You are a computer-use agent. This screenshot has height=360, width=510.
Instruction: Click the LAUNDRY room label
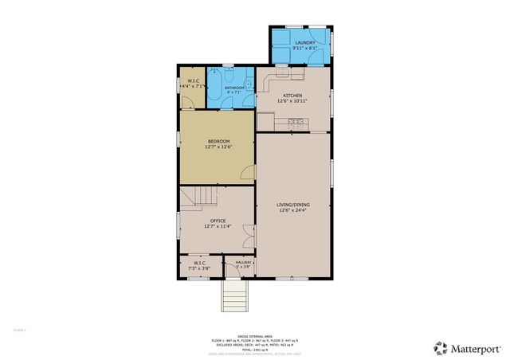(304, 43)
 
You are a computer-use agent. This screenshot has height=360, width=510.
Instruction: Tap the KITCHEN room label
(292, 96)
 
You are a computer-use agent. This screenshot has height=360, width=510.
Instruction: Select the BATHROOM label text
(233, 88)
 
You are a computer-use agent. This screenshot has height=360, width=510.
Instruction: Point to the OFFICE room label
(218, 221)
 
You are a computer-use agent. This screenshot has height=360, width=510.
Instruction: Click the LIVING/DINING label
(292, 205)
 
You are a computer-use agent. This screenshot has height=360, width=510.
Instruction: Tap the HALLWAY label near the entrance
(243, 262)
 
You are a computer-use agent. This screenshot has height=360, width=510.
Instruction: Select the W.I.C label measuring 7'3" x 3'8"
(198, 263)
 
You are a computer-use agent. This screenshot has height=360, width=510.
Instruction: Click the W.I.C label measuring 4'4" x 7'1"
(193, 81)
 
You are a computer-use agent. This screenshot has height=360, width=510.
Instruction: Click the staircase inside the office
(197, 196)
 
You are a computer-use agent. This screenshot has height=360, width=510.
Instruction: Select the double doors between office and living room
(250, 233)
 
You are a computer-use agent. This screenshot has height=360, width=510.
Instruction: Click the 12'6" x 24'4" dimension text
(292, 210)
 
